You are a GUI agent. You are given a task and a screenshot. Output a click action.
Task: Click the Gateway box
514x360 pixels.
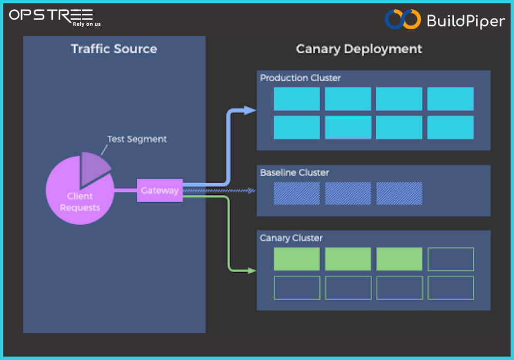coord(160,190)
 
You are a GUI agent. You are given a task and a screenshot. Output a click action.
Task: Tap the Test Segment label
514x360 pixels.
coord(137,139)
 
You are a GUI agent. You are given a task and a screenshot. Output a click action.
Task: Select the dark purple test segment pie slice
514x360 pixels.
coord(94,167)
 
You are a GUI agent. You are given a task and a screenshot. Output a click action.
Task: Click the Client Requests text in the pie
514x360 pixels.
coord(80,202)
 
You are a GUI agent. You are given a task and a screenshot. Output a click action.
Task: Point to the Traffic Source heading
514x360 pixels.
coord(114,49)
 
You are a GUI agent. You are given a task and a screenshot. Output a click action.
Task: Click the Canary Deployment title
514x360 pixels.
coord(359,49)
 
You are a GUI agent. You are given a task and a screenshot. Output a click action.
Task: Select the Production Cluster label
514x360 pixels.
coord(300,78)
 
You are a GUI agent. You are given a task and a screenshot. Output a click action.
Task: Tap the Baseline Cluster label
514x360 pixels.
coord(295,173)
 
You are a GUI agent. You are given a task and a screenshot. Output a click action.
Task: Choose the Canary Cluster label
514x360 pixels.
coord(291,238)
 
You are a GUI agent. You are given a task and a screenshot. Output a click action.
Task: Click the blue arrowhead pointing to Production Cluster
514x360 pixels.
coord(250,110)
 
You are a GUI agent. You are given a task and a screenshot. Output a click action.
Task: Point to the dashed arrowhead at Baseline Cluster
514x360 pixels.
coord(251,190)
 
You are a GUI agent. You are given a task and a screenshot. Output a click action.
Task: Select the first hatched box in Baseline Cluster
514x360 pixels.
coord(297,193)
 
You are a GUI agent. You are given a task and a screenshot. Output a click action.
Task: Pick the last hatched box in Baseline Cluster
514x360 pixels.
coord(399,193)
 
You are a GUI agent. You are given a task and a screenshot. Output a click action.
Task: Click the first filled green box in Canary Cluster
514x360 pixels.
coord(297,259)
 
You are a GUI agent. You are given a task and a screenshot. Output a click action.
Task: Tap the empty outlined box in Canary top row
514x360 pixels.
coord(451,259)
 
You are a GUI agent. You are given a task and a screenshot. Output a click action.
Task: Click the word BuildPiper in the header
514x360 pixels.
coord(466,21)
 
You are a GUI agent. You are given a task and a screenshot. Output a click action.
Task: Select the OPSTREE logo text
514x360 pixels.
coord(51,15)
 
